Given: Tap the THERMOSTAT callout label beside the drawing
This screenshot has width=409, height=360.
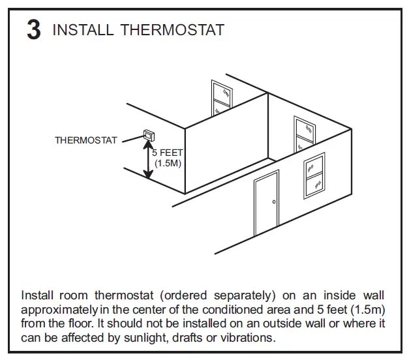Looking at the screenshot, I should click(x=86, y=140).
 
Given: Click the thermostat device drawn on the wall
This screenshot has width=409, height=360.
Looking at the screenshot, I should click(x=148, y=135).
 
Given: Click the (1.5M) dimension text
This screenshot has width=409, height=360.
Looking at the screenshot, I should click(x=168, y=163).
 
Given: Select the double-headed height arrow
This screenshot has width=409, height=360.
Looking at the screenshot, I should click(x=148, y=159).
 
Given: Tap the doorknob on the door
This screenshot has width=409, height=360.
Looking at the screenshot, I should click(x=274, y=202).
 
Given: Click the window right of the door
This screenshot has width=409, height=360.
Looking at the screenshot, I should click(x=314, y=175).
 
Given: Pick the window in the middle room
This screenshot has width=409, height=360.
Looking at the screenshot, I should click(x=304, y=136).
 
